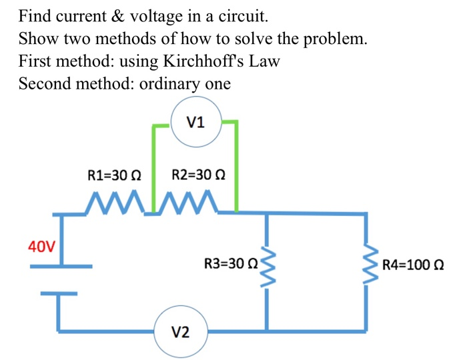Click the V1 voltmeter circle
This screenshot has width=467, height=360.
(x=197, y=121)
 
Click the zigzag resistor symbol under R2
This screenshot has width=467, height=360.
(x=188, y=201)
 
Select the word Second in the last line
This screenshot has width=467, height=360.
(x=44, y=84)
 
